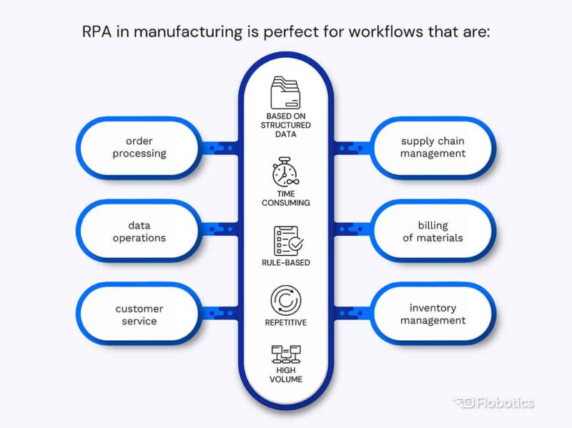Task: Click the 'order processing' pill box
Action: pyautogui.click(x=139, y=147)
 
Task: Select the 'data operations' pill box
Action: pyautogui.click(x=139, y=232)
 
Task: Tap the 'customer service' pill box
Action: pyautogui.click(x=139, y=314)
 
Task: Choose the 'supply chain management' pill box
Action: pyautogui.click(x=433, y=147)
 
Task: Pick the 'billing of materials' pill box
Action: pyautogui.click(x=433, y=232)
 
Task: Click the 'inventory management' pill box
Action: pyautogui.click(x=433, y=314)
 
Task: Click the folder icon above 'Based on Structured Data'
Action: pyautogui.click(x=286, y=92)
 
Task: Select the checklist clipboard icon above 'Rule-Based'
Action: pyautogui.click(x=285, y=242)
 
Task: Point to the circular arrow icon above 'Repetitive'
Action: pyautogui.click(x=285, y=299)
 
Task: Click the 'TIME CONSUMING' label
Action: pyautogui.click(x=285, y=197)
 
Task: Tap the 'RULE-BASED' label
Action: pyautogui.click(x=285, y=263)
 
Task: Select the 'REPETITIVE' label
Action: pyautogui.click(x=285, y=322)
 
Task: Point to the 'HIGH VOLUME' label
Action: pyautogui.click(x=285, y=374)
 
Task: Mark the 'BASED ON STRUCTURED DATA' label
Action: pyautogui.click(x=285, y=125)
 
